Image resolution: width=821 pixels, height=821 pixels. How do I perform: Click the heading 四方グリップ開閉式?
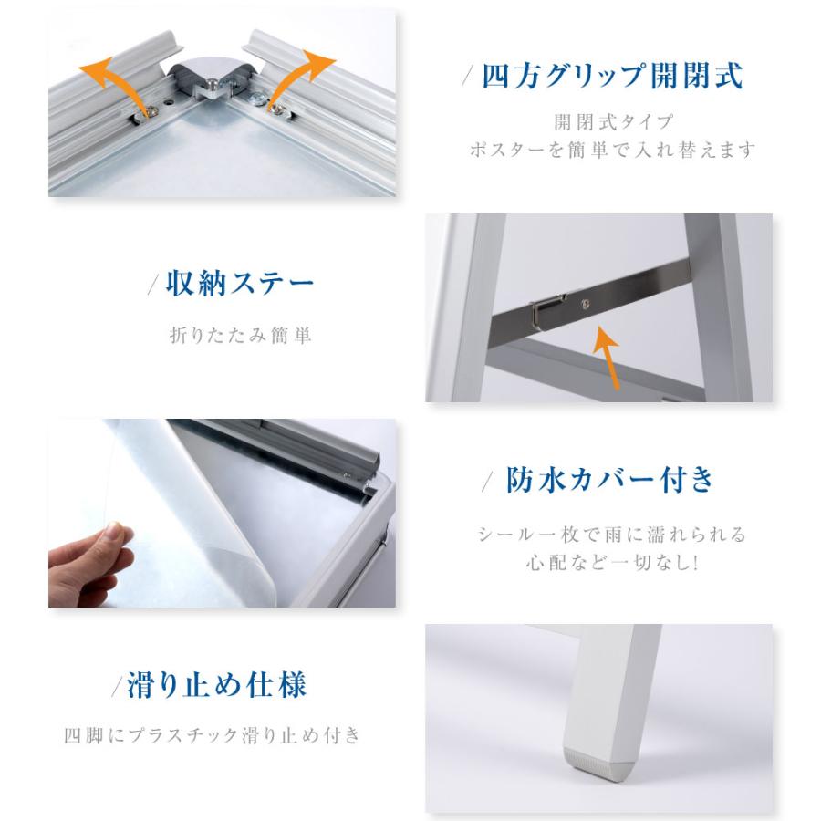click(613, 77)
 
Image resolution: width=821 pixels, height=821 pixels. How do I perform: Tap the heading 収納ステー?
click(240, 284)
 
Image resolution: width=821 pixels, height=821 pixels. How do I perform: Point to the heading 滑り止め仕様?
click(215, 683)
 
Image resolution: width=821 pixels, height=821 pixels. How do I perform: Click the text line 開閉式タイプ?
click(613, 121)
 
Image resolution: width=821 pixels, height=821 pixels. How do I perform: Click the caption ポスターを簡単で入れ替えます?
click(613, 149)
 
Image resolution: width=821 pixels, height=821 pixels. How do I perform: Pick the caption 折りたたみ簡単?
click(241, 335)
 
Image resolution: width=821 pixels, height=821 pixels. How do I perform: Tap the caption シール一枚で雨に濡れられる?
click(612, 534)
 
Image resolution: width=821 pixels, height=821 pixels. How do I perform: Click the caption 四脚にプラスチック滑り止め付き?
click(213, 734)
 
